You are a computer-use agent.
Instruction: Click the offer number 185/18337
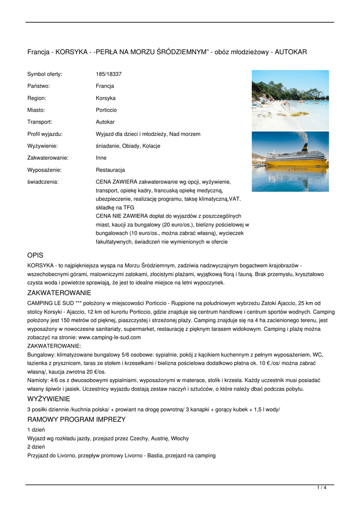pos(109,74)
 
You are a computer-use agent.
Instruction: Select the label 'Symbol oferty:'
pos(45,74)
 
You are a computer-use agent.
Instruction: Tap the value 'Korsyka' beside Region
pos(106,98)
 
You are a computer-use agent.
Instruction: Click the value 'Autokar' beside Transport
pos(105,122)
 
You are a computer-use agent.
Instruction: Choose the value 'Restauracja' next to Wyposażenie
pos(110,170)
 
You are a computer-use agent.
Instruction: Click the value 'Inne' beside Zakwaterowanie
pos(101,158)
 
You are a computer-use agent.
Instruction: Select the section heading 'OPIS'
pos(35,255)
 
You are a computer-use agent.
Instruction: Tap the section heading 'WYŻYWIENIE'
pos(49,399)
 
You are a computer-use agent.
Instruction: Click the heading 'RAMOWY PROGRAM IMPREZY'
pos(76,420)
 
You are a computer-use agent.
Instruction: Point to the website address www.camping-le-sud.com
pos(110,337)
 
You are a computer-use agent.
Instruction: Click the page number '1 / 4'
pos(322,488)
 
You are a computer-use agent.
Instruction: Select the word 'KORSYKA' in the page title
pos(72,52)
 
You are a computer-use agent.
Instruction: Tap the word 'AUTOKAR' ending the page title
pos(291,52)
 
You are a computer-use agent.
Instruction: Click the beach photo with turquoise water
pos(290,99)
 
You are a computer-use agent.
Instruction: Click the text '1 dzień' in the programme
pos(36,430)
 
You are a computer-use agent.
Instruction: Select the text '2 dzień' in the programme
pos(36,447)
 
